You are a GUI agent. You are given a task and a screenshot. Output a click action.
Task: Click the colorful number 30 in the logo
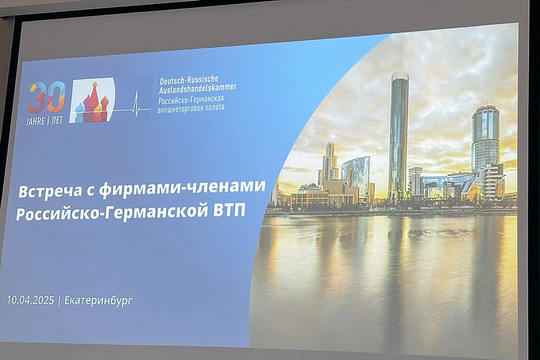coord(46,98)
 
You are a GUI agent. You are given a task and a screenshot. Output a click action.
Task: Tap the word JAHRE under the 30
coord(35,121)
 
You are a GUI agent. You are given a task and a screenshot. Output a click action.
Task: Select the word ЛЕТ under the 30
coord(57,120)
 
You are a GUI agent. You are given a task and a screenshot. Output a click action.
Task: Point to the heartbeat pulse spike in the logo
coord(137,103)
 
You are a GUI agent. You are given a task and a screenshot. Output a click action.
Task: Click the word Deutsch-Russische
coord(189,80)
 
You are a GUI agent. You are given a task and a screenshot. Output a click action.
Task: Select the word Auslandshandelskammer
coord(198,89)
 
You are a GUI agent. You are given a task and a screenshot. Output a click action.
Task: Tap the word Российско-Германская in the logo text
coord(191,100)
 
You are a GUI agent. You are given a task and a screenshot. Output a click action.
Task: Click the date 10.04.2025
coord(30,300)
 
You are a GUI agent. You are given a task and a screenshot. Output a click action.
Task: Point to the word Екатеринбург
coord(98,301)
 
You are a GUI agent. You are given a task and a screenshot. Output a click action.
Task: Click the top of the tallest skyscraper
coord(400,73)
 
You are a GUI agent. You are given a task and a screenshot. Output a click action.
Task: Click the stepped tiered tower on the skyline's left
coord(330,162)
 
